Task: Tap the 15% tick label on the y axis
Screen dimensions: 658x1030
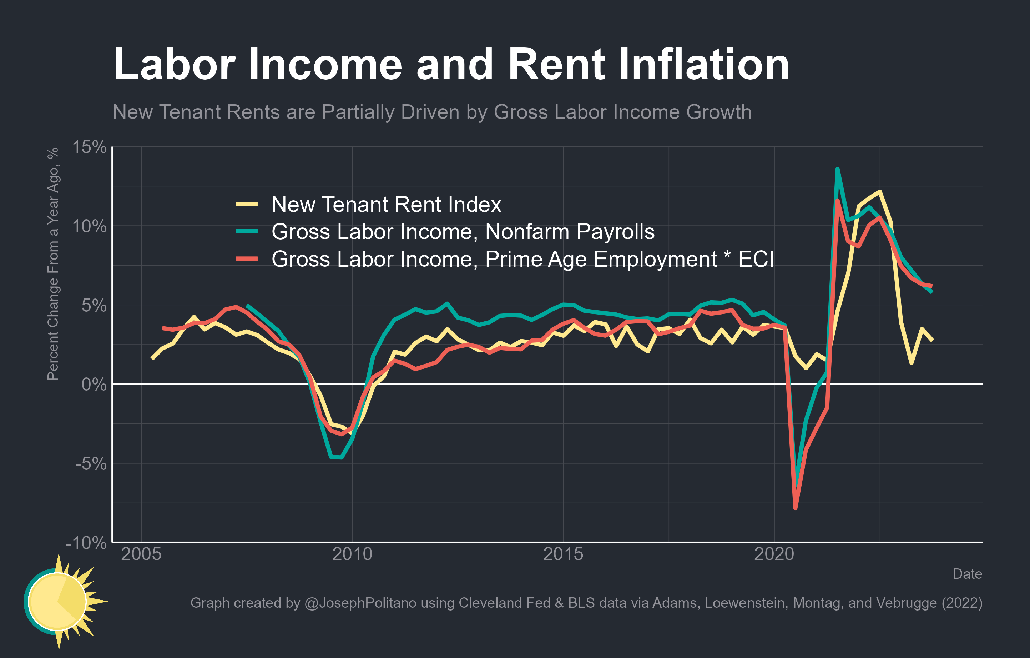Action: coord(89,147)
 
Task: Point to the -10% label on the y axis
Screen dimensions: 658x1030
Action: coord(86,543)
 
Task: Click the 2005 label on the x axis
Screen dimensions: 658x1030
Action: coord(141,554)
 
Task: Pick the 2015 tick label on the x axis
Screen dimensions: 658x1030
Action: coord(563,554)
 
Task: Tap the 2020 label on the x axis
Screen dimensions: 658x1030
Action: coord(774,554)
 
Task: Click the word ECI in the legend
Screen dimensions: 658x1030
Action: coord(756,259)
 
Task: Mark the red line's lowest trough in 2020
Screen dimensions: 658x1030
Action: coord(795,508)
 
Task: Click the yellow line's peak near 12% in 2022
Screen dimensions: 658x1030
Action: coord(879,192)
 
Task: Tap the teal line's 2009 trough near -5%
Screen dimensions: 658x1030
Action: coord(336,457)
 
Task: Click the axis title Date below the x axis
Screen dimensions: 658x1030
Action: coord(967,574)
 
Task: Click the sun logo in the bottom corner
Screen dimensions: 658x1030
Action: coord(60,601)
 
